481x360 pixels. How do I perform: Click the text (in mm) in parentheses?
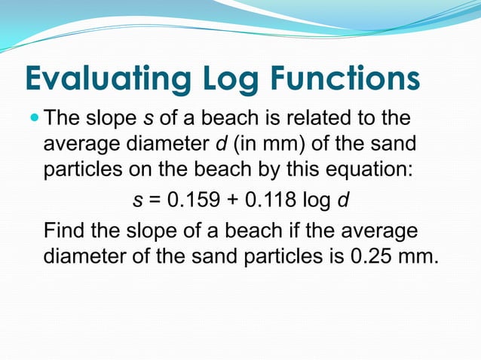click(267, 143)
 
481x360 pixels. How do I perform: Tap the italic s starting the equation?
click(137, 202)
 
